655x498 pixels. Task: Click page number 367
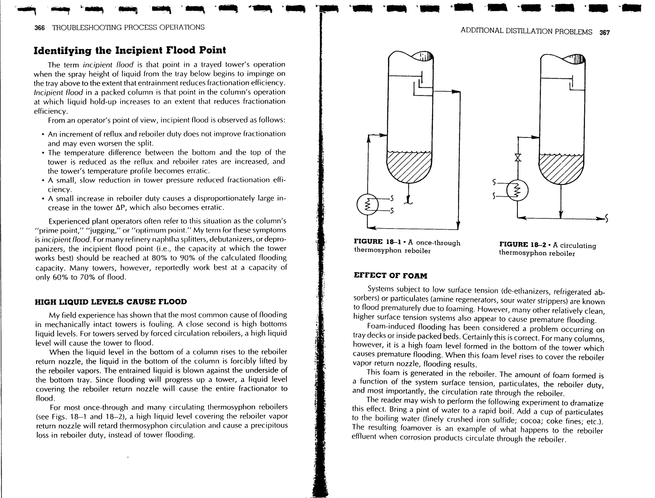coord(604,32)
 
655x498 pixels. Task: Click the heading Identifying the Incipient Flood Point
coord(130,51)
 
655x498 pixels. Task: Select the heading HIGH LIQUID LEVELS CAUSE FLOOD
coord(111,302)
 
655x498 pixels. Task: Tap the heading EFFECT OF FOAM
coord(390,276)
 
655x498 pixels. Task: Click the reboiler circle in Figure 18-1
coord(367,204)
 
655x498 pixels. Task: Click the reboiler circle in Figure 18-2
coord(517,190)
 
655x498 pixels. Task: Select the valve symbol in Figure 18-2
coord(517,157)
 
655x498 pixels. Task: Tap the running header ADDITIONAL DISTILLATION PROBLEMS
coord(526,31)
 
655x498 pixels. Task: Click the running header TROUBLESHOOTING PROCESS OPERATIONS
coord(128,28)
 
